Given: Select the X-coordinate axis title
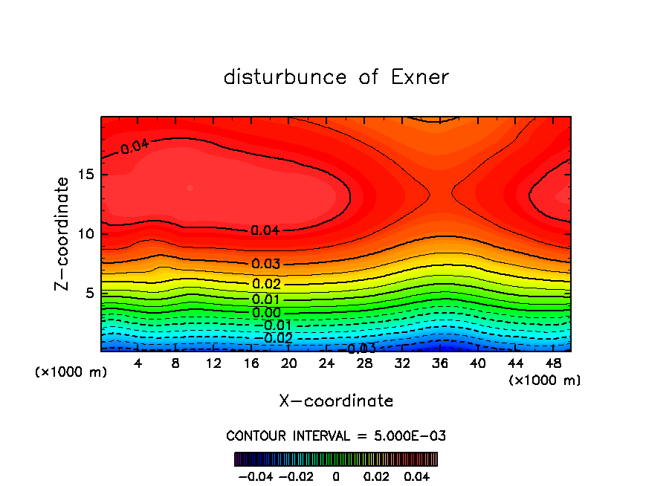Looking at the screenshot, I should (x=336, y=401).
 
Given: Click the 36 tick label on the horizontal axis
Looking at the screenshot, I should (x=440, y=363).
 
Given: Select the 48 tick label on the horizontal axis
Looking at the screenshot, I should (x=553, y=363).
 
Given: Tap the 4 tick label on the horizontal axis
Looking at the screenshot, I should (x=138, y=363).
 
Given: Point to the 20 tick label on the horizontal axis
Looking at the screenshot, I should (x=289, y=363).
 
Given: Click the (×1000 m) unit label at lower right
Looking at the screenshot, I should (x=545, y=380).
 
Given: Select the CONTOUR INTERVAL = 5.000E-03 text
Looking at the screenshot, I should (x=336, y=435).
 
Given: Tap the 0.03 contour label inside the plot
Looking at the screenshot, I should (x=265, y=264).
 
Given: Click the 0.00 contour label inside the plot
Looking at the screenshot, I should (x=266, y=313).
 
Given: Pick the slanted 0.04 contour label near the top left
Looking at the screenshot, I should (x=135, y=146).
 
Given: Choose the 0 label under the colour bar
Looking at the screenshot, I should (x=336, y=476).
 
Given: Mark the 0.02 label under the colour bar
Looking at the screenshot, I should (x=376, y=476).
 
